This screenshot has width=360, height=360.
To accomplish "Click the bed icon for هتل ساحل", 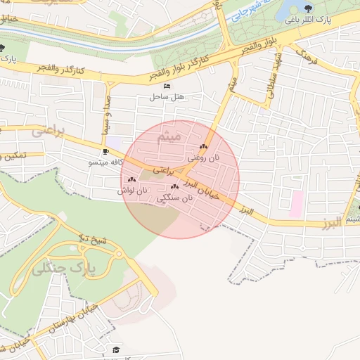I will [x=167, y=86].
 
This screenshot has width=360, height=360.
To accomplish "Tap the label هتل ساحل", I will [x=166, y=97].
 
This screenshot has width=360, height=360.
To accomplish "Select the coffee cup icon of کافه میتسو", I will [x=105, y=151].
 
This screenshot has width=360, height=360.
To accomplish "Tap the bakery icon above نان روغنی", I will [x=204, y=147].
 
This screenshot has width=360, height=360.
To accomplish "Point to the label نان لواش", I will [x=134, y=191].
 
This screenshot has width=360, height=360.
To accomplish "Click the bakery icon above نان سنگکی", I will [x=174, y=187].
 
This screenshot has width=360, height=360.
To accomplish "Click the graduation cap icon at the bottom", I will [x=116, y=349].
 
